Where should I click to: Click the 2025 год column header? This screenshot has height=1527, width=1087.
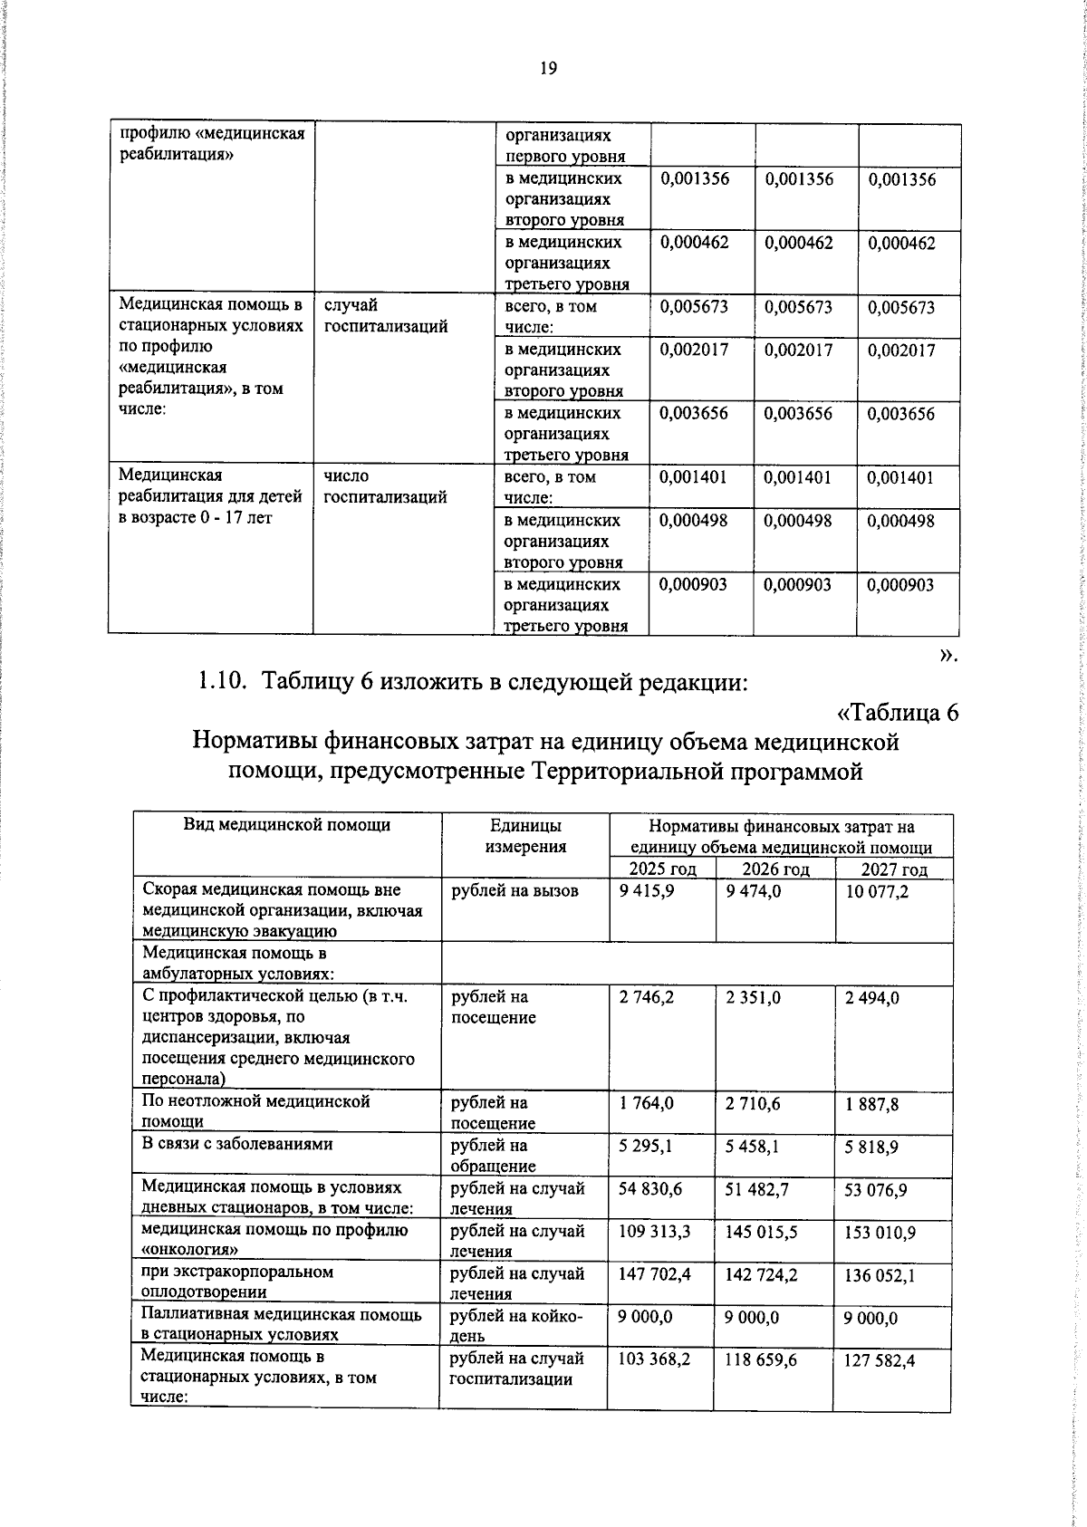point(663,869)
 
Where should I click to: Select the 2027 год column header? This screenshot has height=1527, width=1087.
point(894,869)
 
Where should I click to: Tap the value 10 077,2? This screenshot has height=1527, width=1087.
point(876,892)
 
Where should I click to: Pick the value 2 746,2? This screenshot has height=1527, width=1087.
point(647,997)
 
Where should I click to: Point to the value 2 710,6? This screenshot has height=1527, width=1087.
point(754,1103)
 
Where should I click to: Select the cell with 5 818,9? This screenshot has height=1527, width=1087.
point(871,1147)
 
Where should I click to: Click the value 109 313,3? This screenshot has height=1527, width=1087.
point(654,1232)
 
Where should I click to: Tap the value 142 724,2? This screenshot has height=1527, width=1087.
point(762,1274)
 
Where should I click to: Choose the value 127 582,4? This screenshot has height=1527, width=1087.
point(880,1360)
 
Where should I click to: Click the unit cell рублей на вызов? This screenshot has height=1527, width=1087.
point(514,891)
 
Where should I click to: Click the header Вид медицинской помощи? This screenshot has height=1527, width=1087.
point(287,825)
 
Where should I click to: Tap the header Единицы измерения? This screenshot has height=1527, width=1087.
point(525,836)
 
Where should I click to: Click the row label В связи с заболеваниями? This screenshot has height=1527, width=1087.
point(237,1145)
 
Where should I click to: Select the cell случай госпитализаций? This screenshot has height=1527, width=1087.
point(386,316)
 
